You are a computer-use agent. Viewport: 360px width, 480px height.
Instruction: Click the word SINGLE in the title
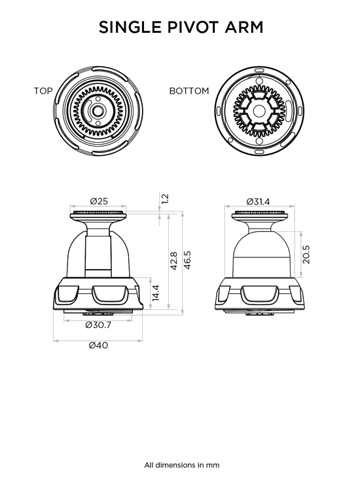(x=130, y=28)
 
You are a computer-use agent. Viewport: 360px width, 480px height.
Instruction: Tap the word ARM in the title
(x=244, y=28)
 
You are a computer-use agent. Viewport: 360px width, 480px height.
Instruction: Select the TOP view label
(x=43, y=91)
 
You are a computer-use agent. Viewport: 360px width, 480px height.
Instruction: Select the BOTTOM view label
(x=189, y=91)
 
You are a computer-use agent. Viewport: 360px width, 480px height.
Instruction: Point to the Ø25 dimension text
(x=99, y=201)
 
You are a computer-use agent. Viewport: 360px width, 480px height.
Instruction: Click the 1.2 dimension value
(x=164, y=198)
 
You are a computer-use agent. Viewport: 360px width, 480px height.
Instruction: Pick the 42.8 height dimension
(x=173, y=261)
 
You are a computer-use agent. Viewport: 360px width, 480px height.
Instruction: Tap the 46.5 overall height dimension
(x=187, y=260)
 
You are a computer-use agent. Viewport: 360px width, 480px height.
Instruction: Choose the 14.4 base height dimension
(x=155, y=293)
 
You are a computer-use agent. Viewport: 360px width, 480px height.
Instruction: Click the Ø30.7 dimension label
(x=98, y=325)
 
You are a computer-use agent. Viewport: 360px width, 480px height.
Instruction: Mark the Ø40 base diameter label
(x=98, y=345)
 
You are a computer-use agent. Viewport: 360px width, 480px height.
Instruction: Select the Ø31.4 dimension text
(x=258, y=202)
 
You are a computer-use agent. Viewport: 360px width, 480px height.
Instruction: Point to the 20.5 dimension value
(x=306, y=254)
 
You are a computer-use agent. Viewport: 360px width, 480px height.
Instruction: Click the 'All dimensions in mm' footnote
(x=182, y=465)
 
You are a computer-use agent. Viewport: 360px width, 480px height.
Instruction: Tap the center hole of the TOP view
(x=98, y=111)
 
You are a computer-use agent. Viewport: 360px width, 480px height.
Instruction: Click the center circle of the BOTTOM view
(x=258, y=111)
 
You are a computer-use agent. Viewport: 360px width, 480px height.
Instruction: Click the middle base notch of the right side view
(x=260, y=294)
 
